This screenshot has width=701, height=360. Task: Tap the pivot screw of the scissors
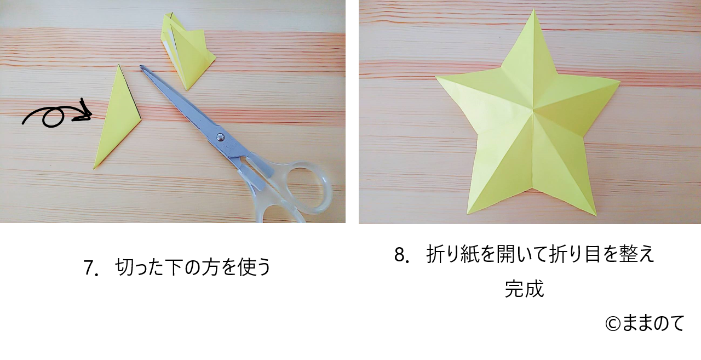point(221,136)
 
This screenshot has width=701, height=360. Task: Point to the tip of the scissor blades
point(141,67)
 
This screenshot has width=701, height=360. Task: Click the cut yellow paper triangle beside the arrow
point(117,122)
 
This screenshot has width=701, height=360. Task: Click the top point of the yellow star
point(533,9)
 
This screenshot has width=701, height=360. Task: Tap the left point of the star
point(436,77)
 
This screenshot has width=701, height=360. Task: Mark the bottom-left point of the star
point(468,213)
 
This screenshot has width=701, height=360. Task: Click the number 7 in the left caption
point(89,267)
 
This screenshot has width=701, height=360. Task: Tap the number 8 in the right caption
point(400,254)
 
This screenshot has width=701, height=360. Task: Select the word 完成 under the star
point(525,289)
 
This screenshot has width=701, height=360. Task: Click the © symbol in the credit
point(613,324)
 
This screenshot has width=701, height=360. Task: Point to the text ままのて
point(653,323)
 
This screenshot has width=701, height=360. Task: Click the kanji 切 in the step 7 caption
point(124,267)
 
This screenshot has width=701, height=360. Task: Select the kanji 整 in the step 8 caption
point(627,254)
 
